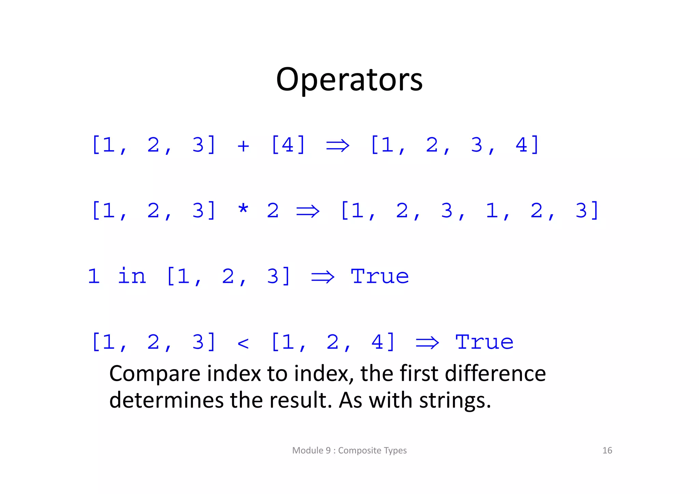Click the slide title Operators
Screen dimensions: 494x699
tap(349, 79)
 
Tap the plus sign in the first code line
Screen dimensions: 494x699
tap(243, 146)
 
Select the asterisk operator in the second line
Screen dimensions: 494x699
tap(243, 209)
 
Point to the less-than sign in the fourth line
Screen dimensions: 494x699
tap(243, 343)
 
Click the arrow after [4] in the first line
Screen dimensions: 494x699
tap(338, 146)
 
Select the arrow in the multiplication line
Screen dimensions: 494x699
tap(308, 211)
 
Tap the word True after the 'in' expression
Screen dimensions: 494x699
tap(380, 276)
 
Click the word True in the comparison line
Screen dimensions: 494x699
tap(484, 342)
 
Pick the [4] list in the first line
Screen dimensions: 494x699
tap(288, 145)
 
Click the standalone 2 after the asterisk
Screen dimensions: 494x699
tap(273, 210)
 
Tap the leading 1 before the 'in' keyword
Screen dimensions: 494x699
tap(94, 276)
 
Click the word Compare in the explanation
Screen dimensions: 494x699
tap(155, 374)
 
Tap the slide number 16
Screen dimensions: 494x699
tap(607, 450)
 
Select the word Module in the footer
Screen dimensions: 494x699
tap(308, 450)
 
